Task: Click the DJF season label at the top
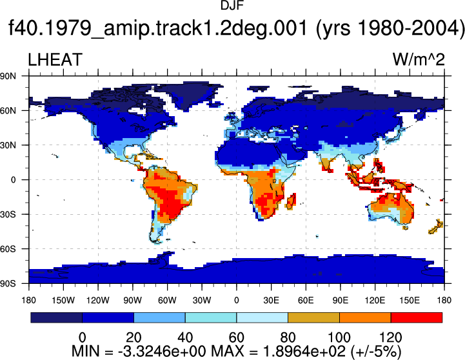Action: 232,5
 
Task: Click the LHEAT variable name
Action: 55,59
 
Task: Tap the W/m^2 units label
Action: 419,59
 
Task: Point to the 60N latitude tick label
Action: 8,111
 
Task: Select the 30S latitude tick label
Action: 8,214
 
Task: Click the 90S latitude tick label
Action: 8,283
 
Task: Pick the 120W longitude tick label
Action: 98,301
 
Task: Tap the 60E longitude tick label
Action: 306,301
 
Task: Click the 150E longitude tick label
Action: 410,301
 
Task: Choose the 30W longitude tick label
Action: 202,301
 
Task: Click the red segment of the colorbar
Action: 417,317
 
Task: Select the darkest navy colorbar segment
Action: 56,317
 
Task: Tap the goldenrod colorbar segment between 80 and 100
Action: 313,317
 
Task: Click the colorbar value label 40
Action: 185,337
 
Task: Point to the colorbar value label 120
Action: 391,337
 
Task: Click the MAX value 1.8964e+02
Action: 304,352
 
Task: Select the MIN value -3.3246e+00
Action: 162,352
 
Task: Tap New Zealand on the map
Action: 435,227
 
